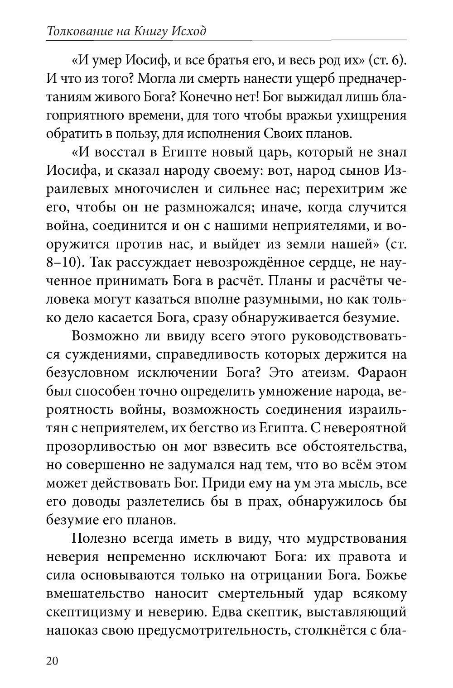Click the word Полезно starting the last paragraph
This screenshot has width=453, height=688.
click(x=97, y=538)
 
